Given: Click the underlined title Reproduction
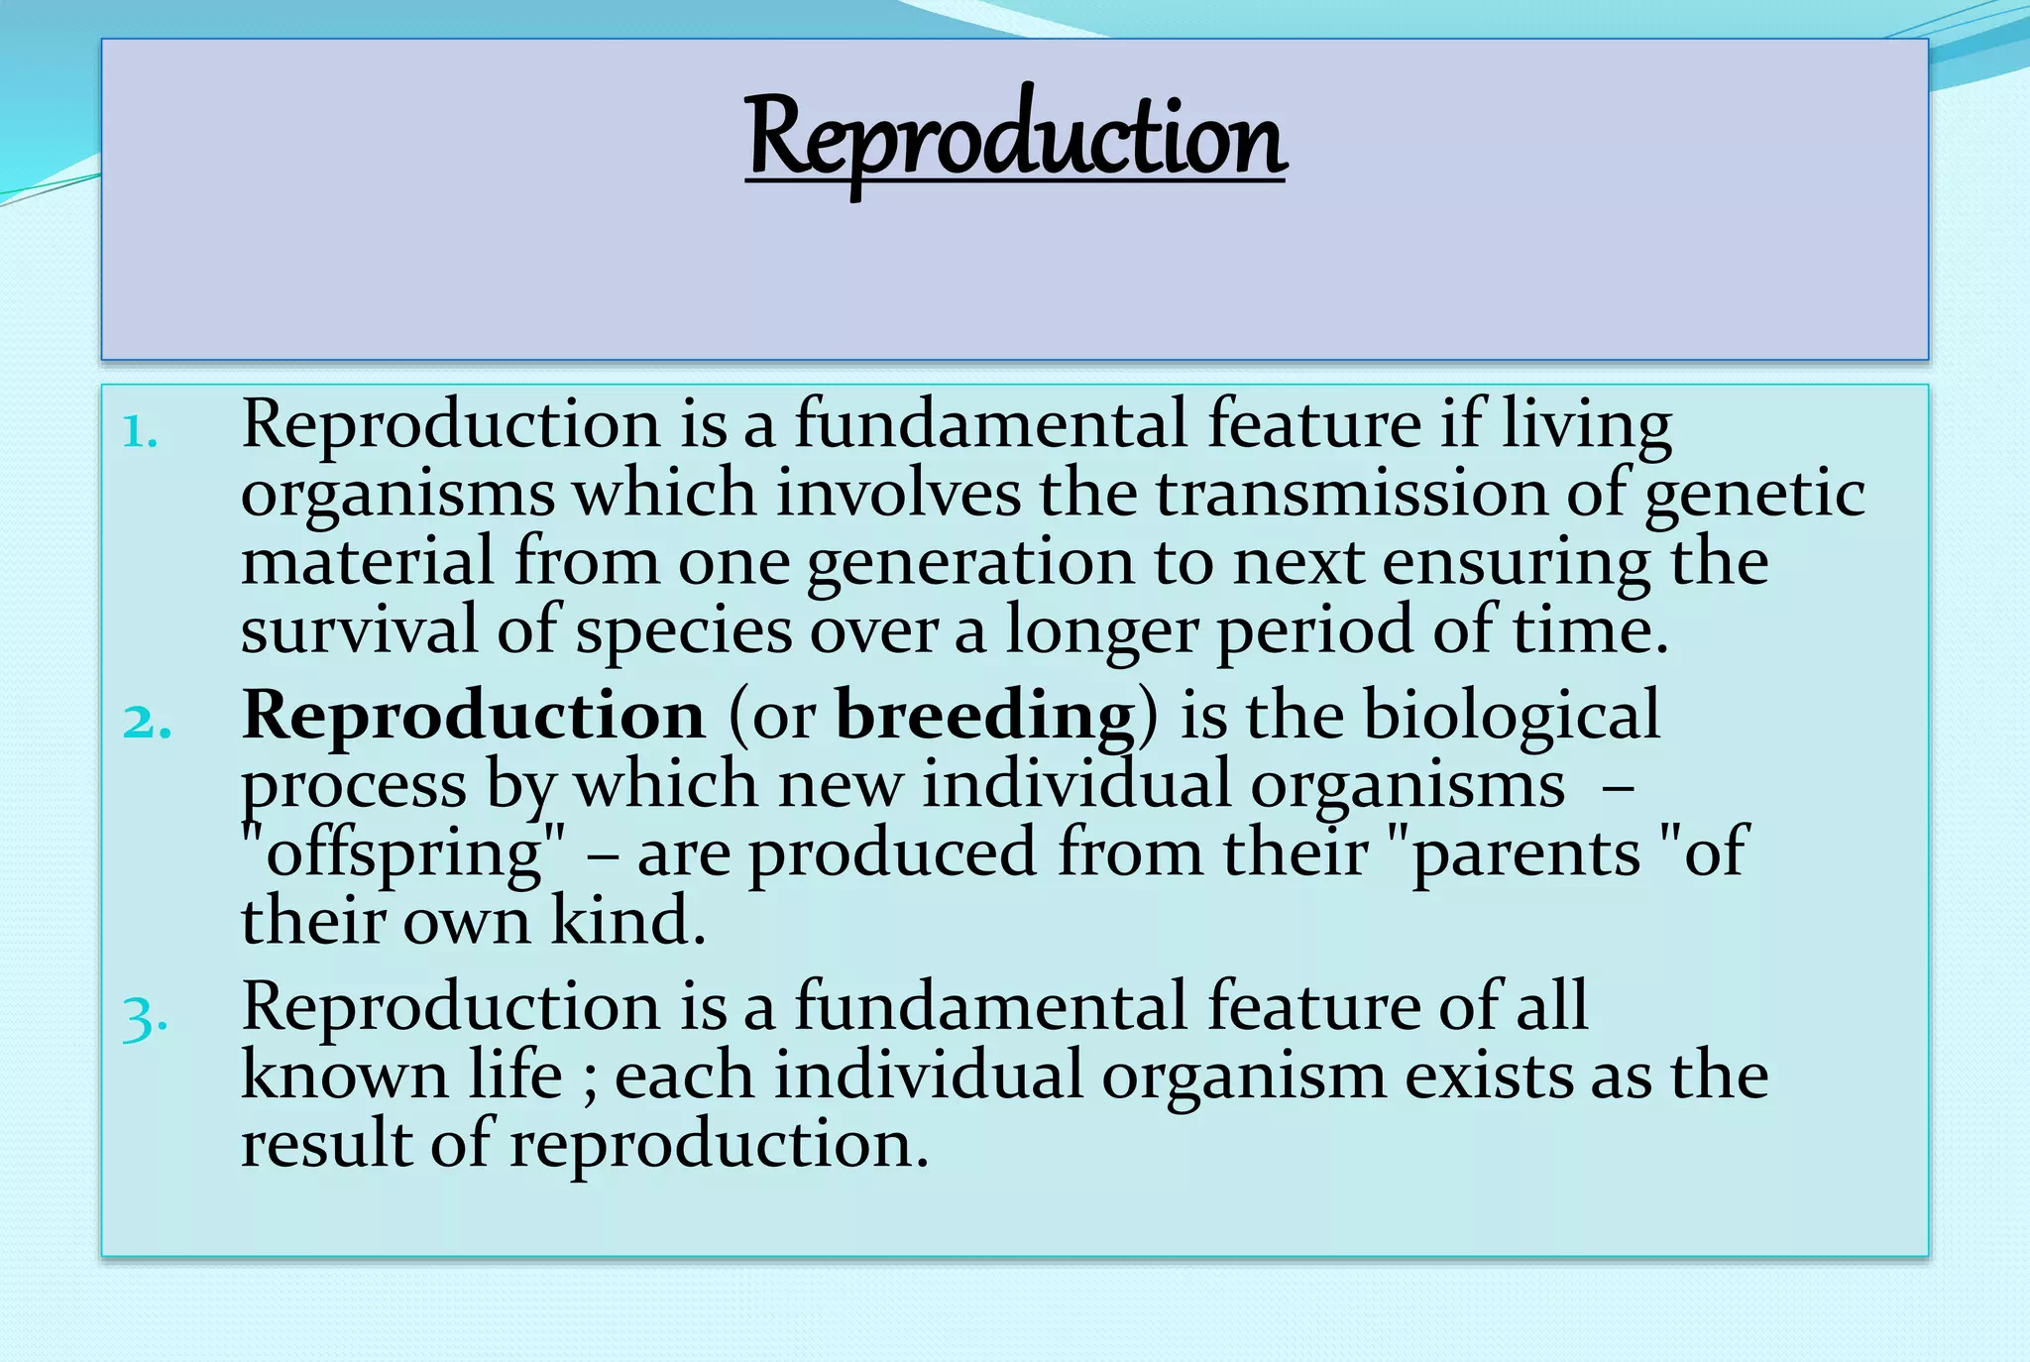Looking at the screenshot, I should coord(1015,139).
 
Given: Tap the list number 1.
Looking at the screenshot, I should coord(140,432).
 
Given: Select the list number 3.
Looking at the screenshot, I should coord(145,1017).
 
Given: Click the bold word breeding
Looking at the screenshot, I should coord(984,716).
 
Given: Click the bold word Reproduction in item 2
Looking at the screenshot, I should coord(473,716).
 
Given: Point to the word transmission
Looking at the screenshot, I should coord(1350,494).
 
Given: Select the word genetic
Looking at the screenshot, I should coord(1754,496).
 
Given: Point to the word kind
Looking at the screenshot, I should coord(626,920).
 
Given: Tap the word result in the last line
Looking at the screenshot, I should coord(326,1144).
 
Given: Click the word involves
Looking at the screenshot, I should coord(897,494).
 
